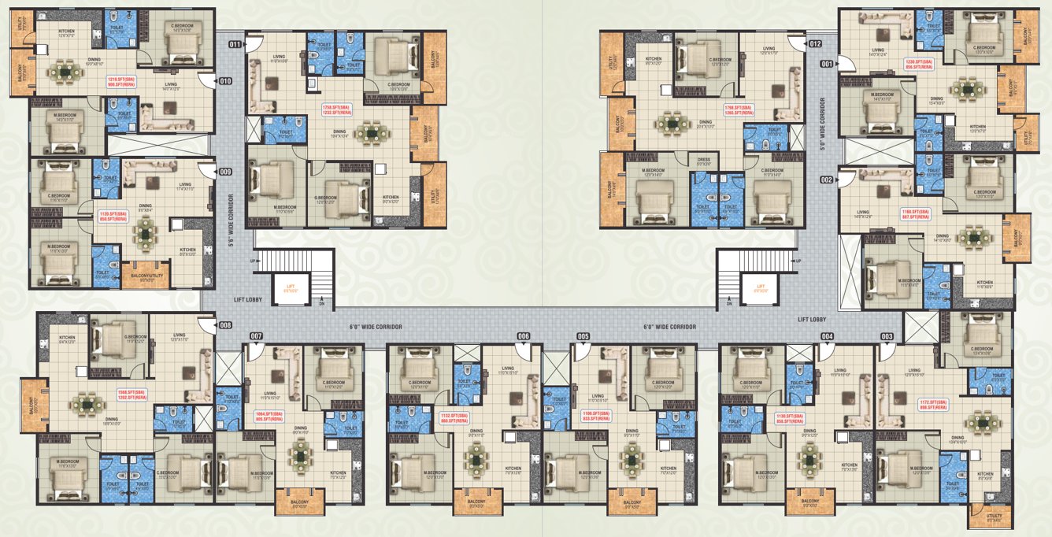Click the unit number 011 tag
click(235, 45)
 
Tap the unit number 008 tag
click(225, 324)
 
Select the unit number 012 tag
click(815, 43)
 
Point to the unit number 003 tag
click(887, 336)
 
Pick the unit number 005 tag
click(583, 336)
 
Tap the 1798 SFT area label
click(739, 110)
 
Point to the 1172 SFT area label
click(933, 405)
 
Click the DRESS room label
click(704, 161)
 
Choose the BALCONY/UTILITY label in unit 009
click(143, 277)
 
